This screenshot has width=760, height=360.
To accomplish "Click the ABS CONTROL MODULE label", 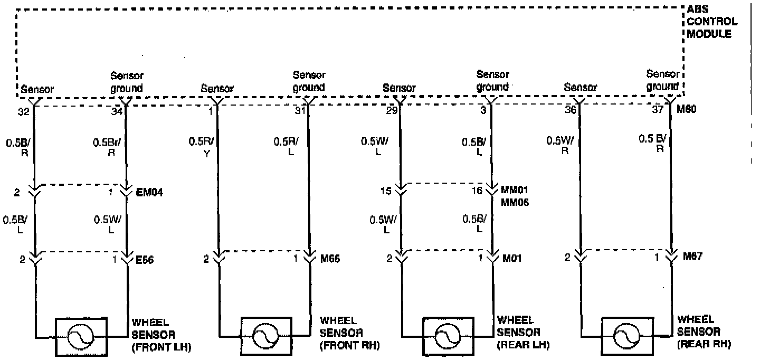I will (712, 22).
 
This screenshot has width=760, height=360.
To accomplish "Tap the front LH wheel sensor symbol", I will (82, 336).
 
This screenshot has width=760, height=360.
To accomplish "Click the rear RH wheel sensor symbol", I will (628, 336).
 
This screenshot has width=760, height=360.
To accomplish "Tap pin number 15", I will (387, 191).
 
